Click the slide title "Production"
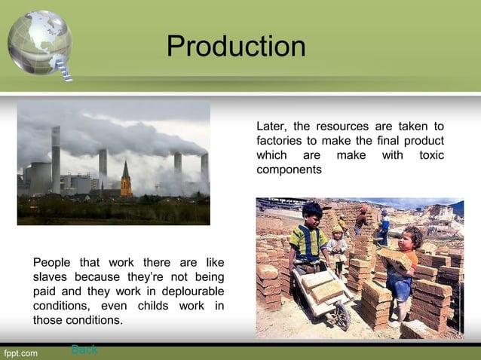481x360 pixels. [x=236, y=47]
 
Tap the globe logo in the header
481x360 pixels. [x=39, y=41]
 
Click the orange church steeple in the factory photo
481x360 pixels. [x=126, y=181]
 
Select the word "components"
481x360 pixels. [x=289, y=170]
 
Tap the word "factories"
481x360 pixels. [x=280, y=141]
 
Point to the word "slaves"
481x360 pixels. [x=52, y=277]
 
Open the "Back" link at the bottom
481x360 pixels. [x=84, y=349]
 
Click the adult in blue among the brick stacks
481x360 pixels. [x=384, y=226]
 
